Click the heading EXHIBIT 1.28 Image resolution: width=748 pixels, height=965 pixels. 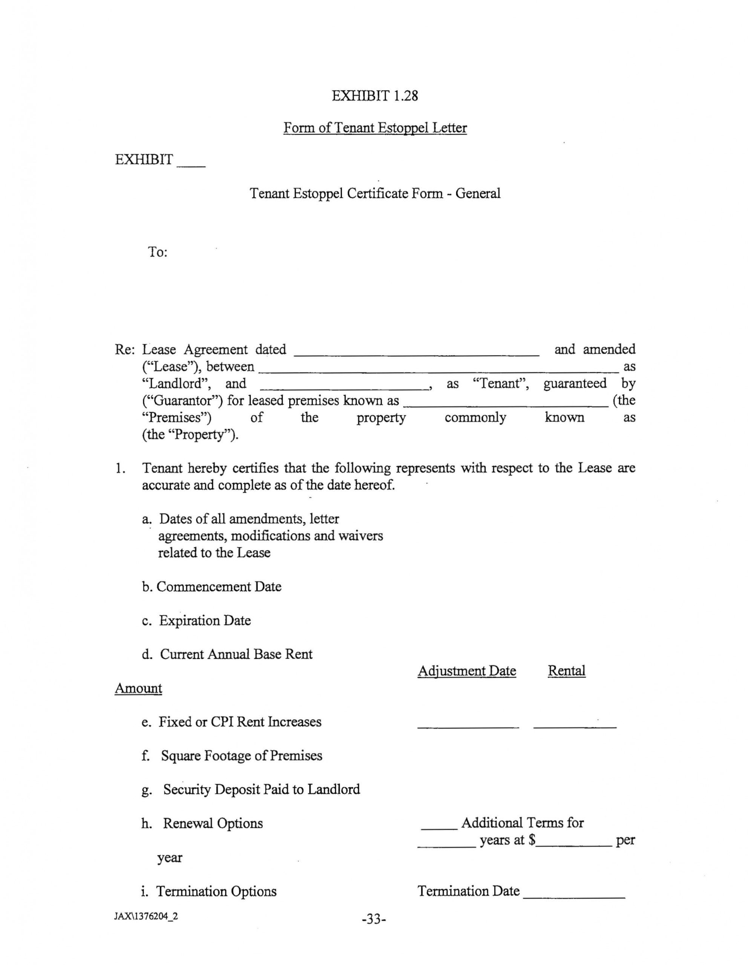pos(374,95)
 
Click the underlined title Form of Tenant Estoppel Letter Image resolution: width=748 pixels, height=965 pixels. pos(375,128)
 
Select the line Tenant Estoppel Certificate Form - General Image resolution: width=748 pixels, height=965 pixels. pos(375,193)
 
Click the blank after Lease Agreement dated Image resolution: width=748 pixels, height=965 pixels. pos(416,352)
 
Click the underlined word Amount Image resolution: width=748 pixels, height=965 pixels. pos(138,688)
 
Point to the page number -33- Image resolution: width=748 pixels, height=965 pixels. pos(374,919)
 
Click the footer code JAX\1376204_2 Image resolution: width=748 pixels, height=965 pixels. pos(146,916)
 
